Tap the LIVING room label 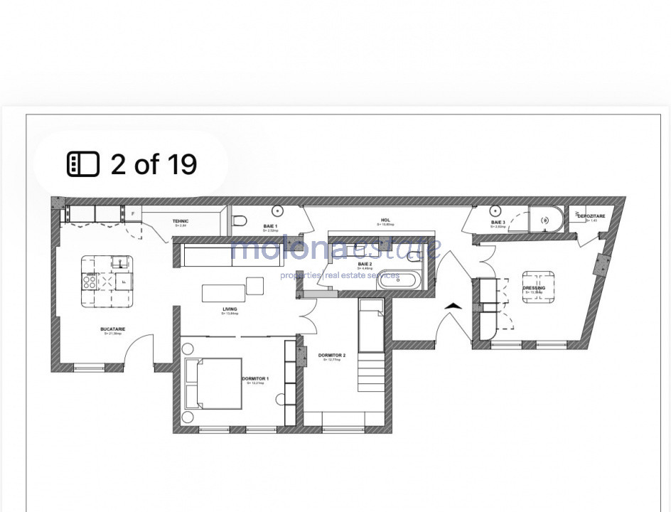pyautogui.click(x=229, y=309)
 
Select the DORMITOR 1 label pyautogui.click(x=254, y=379)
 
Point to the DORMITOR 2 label pyautogui.click(x=332, y=356)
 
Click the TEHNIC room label pyautogui.click(x=180, y=221)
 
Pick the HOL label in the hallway pyautogui.click(x=386, y=220)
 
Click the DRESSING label pyautogui.click(x=534, y=288)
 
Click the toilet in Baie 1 pyautogui.click(x=238, y=219)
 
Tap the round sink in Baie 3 pyautogui.click(x=495, y=210)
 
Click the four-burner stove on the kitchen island pyautogui.click(x=91, y=282)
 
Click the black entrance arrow pyautogui.click(x=453, y=306)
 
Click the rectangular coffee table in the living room pyautogui.click(x=218, y=292)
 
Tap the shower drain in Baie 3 pyautogui.click(x=546, y=220)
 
